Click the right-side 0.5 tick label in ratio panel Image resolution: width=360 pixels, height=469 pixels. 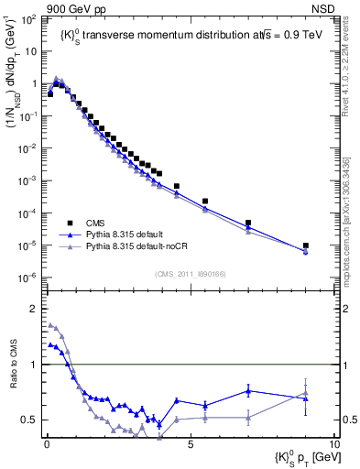(349, 420)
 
